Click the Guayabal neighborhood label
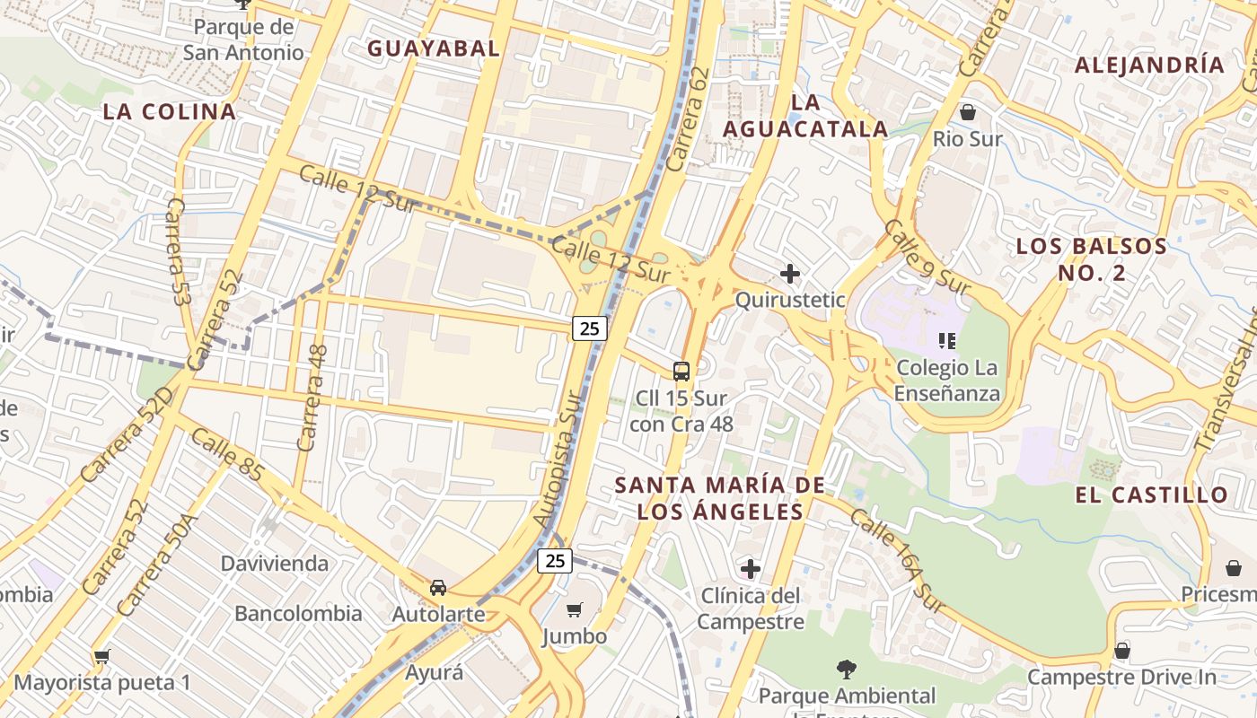coord(433,48)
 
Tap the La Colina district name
coord(169,111)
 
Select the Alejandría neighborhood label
coord(1149,65)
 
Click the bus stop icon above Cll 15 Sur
coord(681,371)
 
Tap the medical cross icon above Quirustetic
coord(790,273)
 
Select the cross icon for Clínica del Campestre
coord(750,568)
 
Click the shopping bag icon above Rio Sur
coord(967,112)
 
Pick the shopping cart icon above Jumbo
coord(575,610)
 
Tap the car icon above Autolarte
coord(438,588)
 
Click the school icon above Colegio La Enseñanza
coord(945,340)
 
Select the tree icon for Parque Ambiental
coord(846,669)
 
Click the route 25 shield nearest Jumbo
coord(555,561)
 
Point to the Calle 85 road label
coord(227,454)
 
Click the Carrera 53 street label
coord(177,252)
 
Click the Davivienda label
coord(275,564)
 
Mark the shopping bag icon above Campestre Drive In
coord(1121,651)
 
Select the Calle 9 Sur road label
coord(927,257)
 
